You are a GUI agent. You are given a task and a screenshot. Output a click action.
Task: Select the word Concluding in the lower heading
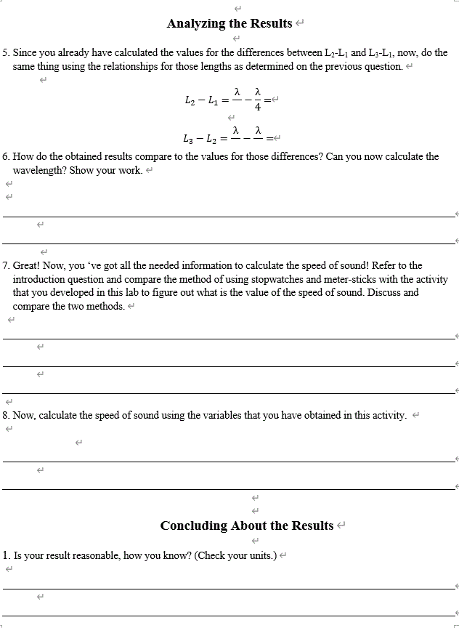click(x=194, y=526)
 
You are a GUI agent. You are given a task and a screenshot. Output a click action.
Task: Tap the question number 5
click(x=5, y=53)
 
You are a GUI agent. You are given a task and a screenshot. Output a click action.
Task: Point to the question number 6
click(x=5, y=156)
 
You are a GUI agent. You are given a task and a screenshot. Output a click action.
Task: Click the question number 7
click(x=5, y=265)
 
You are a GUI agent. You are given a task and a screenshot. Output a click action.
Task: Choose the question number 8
click(x=5, y=415)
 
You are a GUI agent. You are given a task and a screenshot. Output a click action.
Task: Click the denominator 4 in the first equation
click(x=257, y=107)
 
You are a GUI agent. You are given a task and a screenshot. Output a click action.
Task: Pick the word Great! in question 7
click(x=26, y=265)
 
